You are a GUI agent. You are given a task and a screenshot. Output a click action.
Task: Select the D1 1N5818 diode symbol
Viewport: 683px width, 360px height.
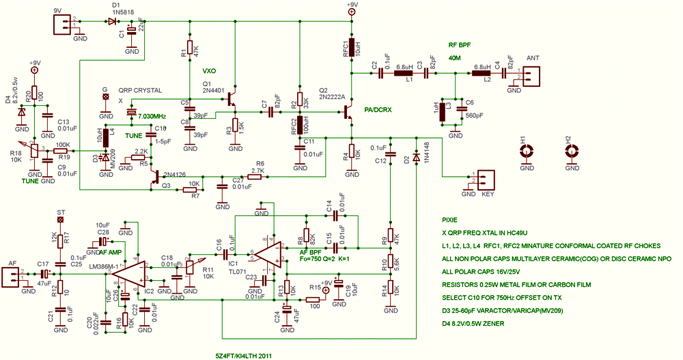tap(111, 21)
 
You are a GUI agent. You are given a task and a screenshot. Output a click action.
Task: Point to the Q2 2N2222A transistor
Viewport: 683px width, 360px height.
tap(349, 109)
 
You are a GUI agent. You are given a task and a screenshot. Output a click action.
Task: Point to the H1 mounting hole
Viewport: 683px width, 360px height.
tap(526, 152)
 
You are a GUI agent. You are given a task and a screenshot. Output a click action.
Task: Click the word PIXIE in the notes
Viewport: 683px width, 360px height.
tap(450, 221)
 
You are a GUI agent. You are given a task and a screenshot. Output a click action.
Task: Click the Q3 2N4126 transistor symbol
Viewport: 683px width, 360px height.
tap(156, 178)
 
